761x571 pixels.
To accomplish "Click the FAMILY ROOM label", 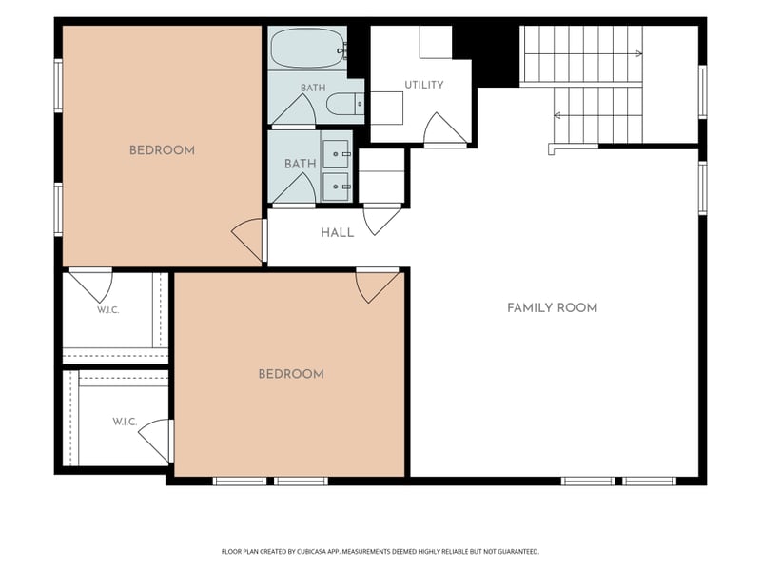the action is tap(552, 307).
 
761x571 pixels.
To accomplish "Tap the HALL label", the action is tap(338, 233).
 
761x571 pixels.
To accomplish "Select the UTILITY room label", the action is tap(424, 85).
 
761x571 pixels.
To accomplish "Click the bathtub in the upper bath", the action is tap(307, 48).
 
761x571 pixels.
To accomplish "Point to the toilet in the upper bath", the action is tap(344, 104).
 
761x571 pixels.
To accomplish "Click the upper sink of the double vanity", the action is tap(336, 154).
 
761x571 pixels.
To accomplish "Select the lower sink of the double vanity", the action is tap(336, 187).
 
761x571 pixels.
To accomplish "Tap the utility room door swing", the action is tap(445, 129).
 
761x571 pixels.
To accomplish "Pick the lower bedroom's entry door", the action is tap(377, 285).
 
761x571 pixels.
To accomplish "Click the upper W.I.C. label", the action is tap(107, 310).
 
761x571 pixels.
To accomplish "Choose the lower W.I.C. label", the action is tap(125, 422).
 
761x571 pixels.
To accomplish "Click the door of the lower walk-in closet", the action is tap(156, 441).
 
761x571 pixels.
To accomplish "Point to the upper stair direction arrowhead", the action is tap(639, 53).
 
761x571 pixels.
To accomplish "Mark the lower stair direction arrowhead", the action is tap(557, 115).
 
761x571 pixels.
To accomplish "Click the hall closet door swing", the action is tap(382, 221).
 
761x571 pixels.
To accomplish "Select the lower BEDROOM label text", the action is tap(291, 374).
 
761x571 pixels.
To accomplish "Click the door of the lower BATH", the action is tap(294, 189).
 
